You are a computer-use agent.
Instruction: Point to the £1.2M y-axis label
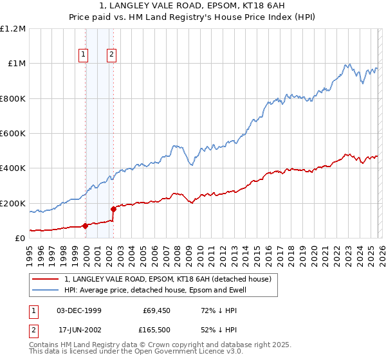coord(14,29)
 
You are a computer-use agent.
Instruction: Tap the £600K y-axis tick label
coord(14,134)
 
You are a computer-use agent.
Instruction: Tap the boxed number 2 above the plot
coord(112,55)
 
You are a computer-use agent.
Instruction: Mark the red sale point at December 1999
coord(85,226)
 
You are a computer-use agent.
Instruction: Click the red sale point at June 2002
coord(113,209)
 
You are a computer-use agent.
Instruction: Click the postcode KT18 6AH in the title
coord(250,6)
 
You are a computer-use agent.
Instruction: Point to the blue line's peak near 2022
coord(347,64)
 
